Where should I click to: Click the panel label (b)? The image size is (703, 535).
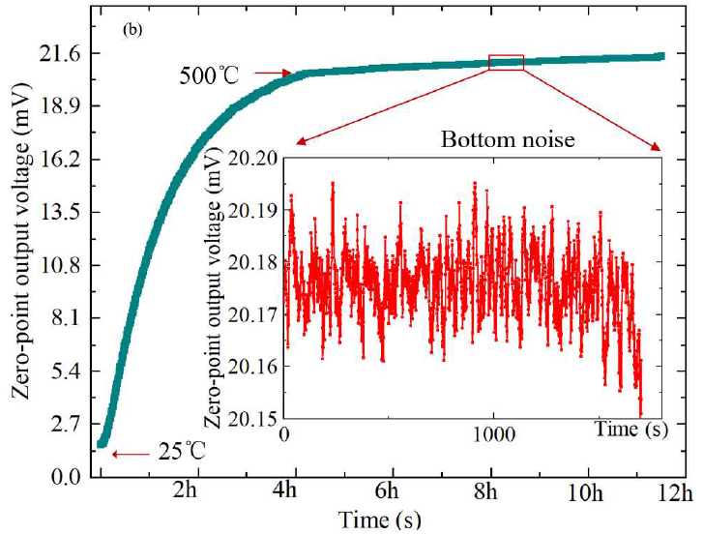(132, 30)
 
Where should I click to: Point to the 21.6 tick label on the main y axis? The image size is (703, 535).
(60, 55)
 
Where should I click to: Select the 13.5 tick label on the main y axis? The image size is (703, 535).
(60, 213)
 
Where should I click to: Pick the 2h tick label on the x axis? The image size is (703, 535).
(185, 491)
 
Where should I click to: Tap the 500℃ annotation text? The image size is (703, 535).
(210, 75)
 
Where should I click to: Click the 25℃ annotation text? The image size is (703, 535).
(182, 451)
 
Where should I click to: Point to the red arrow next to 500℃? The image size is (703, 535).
(273, 74)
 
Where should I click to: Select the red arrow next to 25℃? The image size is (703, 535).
(131, 455)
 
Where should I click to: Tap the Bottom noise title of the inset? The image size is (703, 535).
(508, 139)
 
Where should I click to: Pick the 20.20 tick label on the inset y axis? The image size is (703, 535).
(253, 159)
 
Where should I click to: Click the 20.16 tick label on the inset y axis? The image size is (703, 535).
(253, 367)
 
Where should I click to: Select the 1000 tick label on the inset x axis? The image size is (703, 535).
(494, 434)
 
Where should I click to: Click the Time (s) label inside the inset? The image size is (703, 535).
(631, 430)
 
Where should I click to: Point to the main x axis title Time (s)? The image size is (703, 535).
(380, 520)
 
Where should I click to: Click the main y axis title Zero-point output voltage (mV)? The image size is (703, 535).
(22, 240)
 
